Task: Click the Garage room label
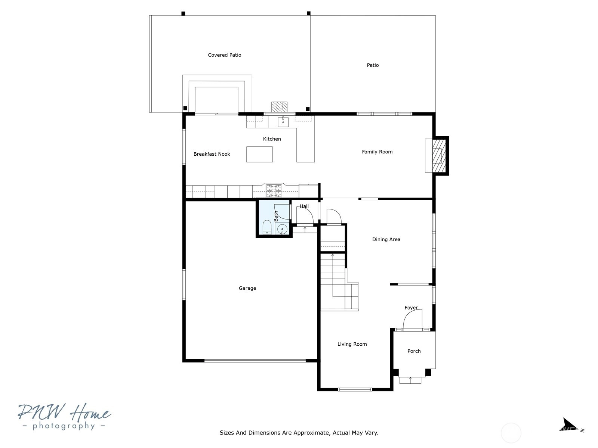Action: click(x=247, y=288)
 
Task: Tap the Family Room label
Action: click(x=377, y=152)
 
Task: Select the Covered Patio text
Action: click(x=225, y=55)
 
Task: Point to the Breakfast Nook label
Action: click(x=212, y=154)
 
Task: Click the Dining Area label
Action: click(x=386, y=239)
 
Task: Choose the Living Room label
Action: click(x=352, y=344)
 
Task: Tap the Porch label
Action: click(x=414, y=351)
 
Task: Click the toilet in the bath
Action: click(x=267, y=227)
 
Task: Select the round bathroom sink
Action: click(x=282, y=229)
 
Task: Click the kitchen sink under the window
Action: click(x=283, y=122)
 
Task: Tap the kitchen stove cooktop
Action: click(x=274, y=191)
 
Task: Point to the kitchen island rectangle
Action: click(x=259, y=154)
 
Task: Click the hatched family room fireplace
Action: click(x=439, y=156)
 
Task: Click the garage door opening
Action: click(x=255, y=361)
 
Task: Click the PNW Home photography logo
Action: click(x=64, y=416)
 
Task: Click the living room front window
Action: click(x=355, y=389)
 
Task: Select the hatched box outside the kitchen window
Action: click(x=279, y=107)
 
